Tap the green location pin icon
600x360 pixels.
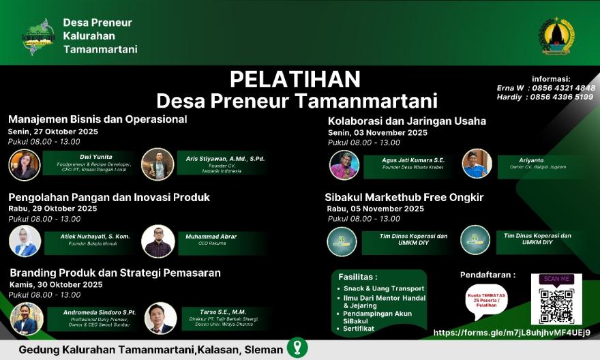coord(297,348)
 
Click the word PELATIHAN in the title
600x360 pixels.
coord(295,79)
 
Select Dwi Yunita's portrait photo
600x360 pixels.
coord(25,165)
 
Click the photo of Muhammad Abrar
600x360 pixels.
coord(157,241)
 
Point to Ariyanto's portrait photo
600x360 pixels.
coord(477,164)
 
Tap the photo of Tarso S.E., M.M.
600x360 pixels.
coord(161,318)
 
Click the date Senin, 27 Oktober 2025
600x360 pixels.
coord(53,132)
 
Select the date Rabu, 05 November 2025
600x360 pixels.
coord(376,209)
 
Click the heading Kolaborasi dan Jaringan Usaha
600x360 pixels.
coord(407,121)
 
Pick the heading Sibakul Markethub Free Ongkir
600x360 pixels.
coord(404,197)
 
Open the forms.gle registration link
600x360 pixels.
coord(511,333)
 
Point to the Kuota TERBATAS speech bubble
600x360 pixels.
coord(487,301)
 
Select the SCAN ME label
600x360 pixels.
coord(556,279)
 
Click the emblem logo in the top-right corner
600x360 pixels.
coord(557,35)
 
